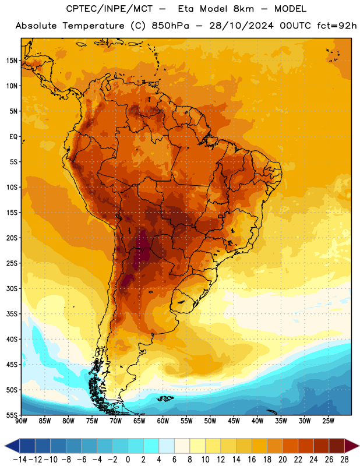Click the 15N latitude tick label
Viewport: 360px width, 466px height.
[x=12, y=61]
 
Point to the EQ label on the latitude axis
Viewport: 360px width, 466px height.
[x=13, y=137]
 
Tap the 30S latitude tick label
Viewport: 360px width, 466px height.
[x=12, y=288]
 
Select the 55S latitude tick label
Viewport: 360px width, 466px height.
[x=12, y=415]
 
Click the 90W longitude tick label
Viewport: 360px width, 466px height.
[x=21, y=421]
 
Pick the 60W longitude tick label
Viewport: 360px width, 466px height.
[x=163, y=421]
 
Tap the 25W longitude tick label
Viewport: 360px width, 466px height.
[x=328, y=421]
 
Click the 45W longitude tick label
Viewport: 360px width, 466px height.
[x=234, y=421]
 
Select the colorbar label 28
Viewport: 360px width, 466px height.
[x=344, y=460]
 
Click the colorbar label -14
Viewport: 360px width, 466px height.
[x=20, y=460]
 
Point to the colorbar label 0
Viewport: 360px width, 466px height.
[x=128, y=460]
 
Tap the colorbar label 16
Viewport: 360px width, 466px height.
[x=252, y=460]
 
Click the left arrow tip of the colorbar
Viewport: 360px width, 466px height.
[x=5, y=446]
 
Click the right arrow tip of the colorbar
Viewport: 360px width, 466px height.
[x=359, y=446]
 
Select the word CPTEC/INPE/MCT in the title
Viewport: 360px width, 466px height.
[x=110, y=9]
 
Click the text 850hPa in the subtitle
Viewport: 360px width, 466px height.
[x=170, y=26]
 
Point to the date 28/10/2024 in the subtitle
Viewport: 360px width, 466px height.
[x=241, y=26]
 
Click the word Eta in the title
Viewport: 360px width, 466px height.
[x=186, y=9]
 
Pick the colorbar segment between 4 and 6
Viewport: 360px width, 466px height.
[x=167, y=446]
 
